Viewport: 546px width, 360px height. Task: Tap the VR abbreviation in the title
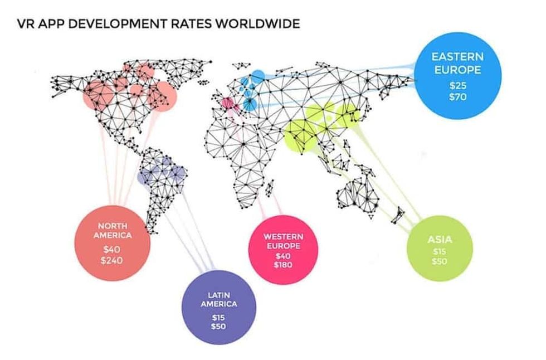coord(27,24)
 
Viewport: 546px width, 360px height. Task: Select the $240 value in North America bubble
coord(112,260)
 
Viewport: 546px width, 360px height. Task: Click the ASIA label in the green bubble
coord(440,240)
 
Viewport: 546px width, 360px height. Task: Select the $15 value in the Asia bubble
coord(440,252)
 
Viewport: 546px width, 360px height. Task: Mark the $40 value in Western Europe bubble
coord(283,256)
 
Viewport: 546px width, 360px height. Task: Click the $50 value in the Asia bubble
coord(440,261)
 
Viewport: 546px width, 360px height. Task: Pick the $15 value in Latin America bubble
coord(218,317)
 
